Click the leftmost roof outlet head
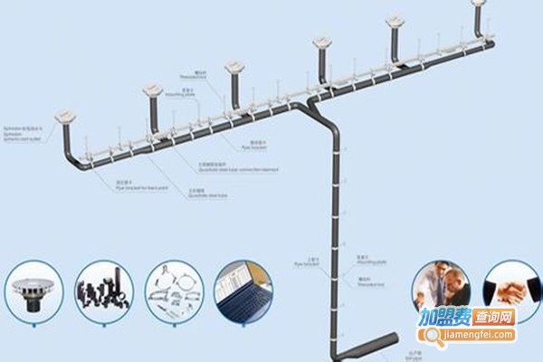[x=66, y=117]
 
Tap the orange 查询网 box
[x=493, y=319]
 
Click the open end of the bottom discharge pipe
[x=399, y=338]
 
